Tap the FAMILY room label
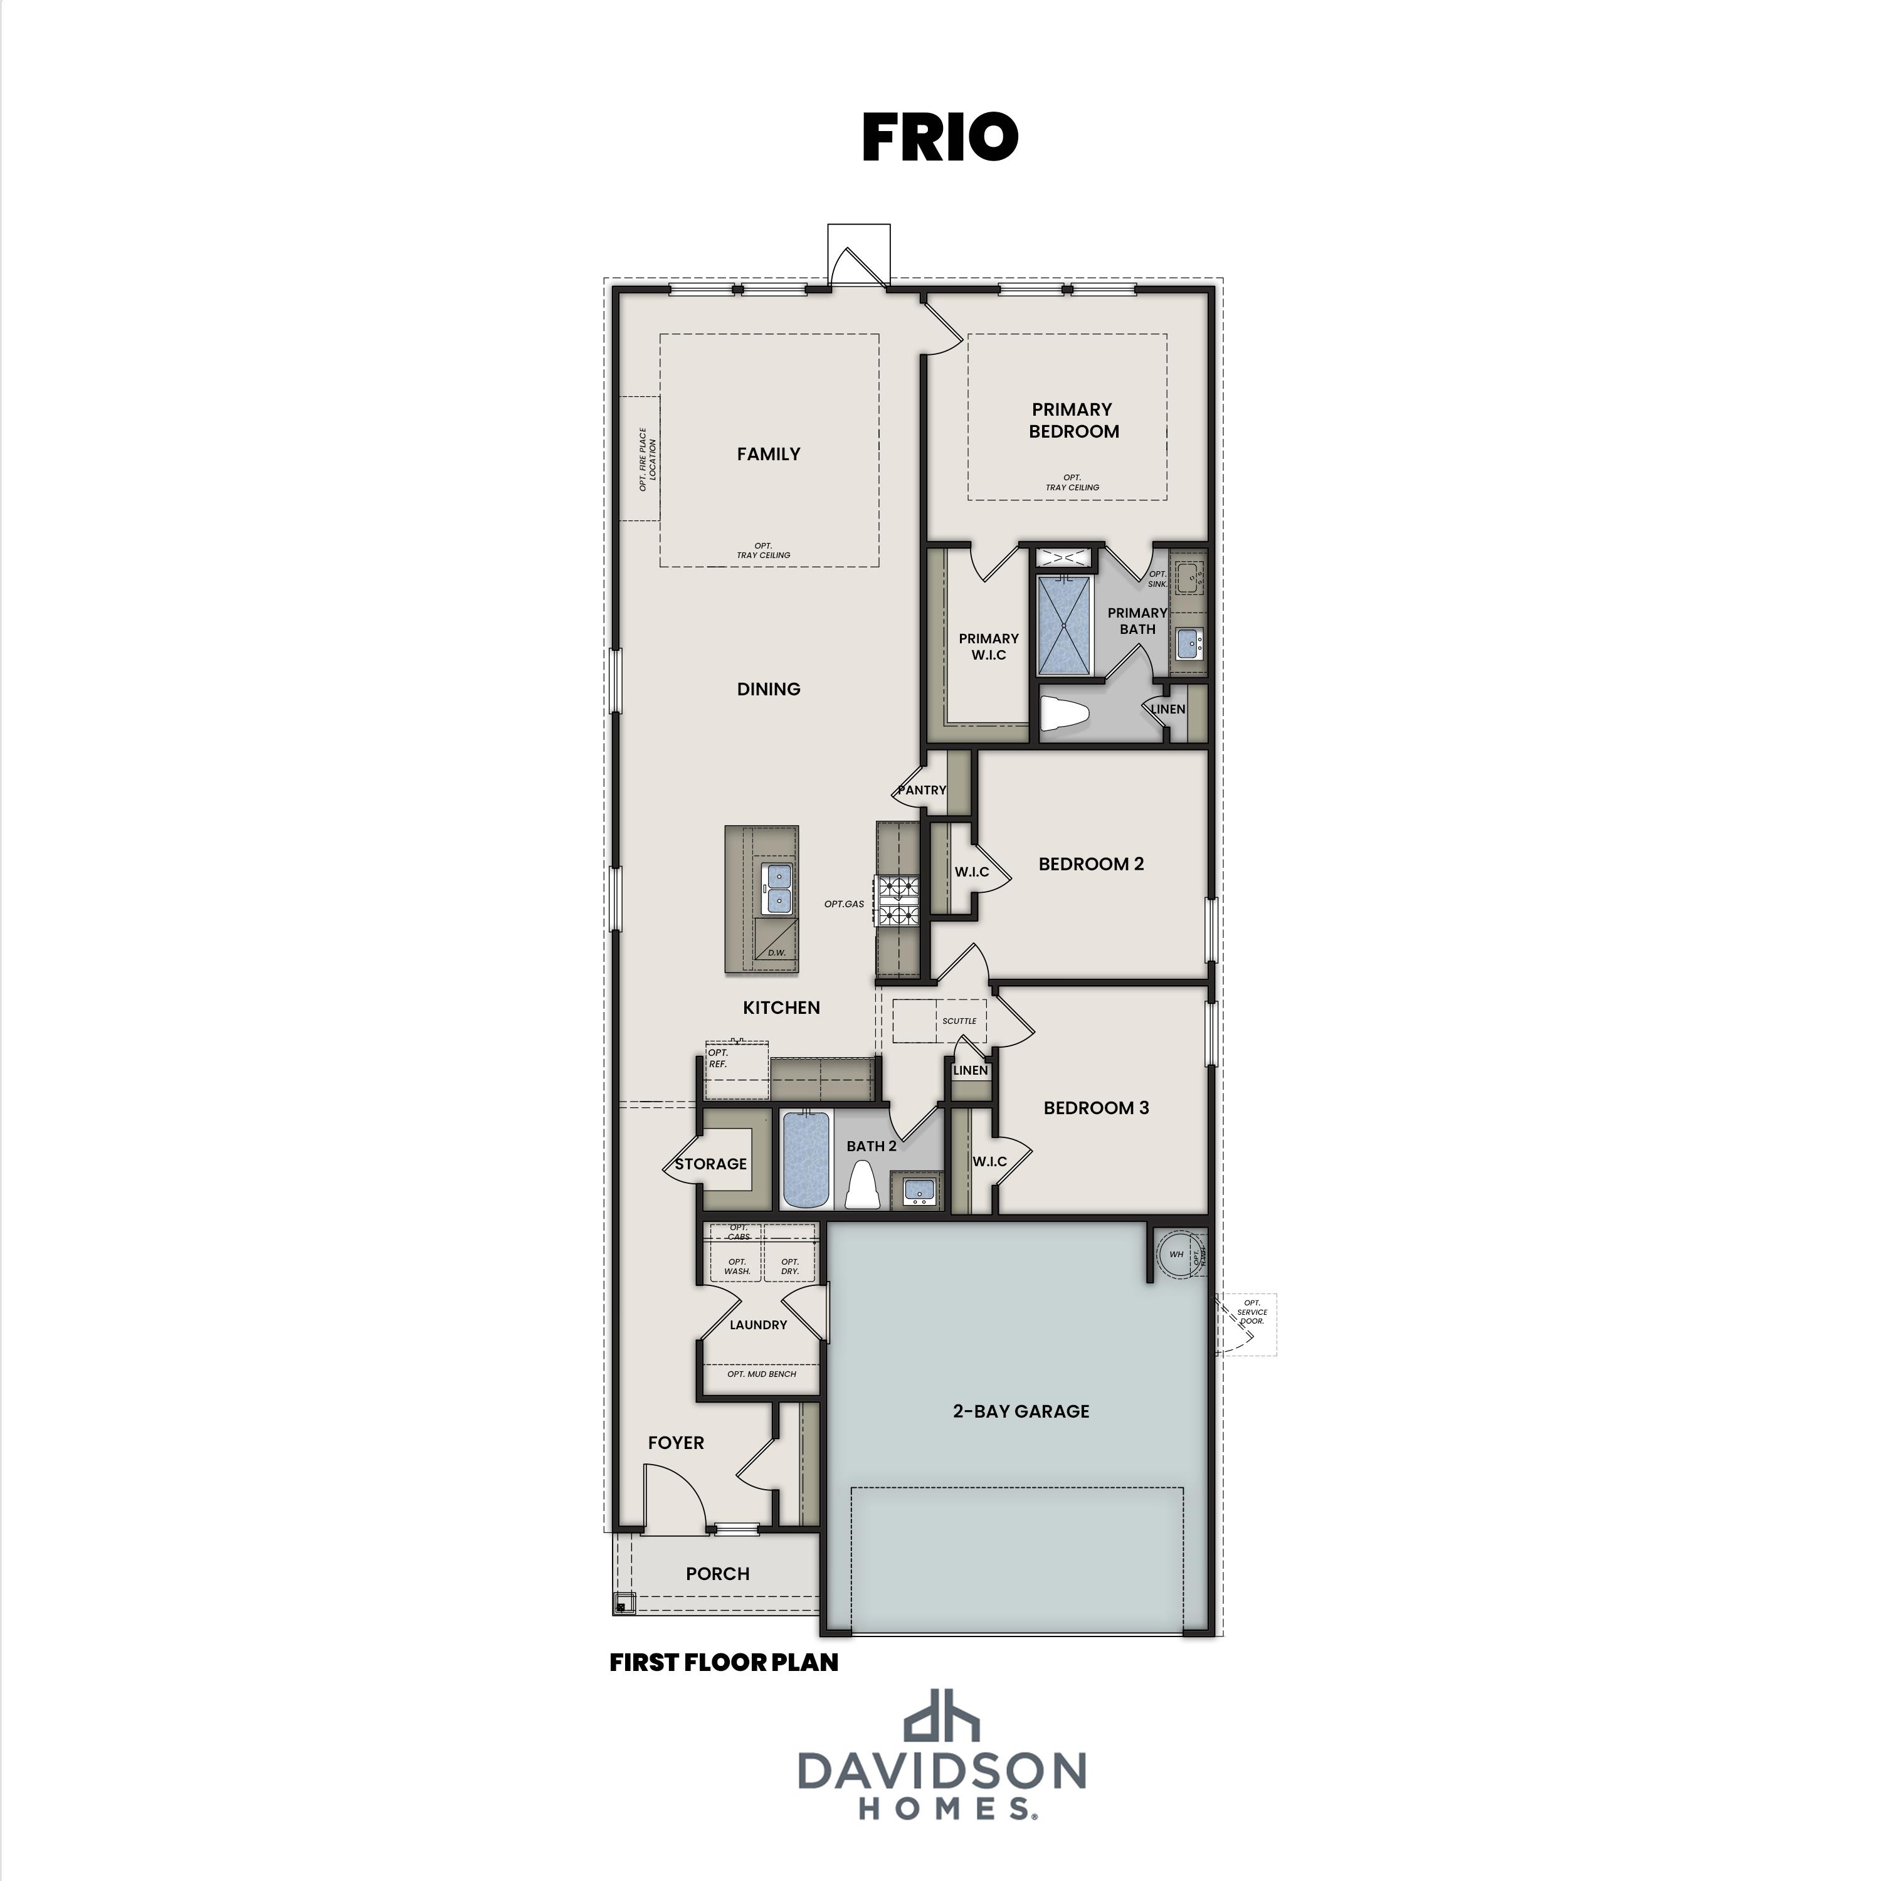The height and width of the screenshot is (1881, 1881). [768, 454]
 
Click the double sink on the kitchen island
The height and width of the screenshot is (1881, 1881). [777, 887]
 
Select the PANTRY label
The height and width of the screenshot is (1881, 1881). [921, 789]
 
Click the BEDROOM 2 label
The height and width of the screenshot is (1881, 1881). [1090, 863]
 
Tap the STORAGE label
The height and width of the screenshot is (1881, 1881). [711, 1164]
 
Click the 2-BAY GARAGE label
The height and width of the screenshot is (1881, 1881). [1020, 1411]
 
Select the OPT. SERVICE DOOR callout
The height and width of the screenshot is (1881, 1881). [1251, 1312]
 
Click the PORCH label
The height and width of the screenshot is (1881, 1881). [717, 1573]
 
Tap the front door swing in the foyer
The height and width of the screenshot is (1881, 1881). [671, 1495]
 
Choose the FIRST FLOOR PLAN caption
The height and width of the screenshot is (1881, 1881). [724, 1662]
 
